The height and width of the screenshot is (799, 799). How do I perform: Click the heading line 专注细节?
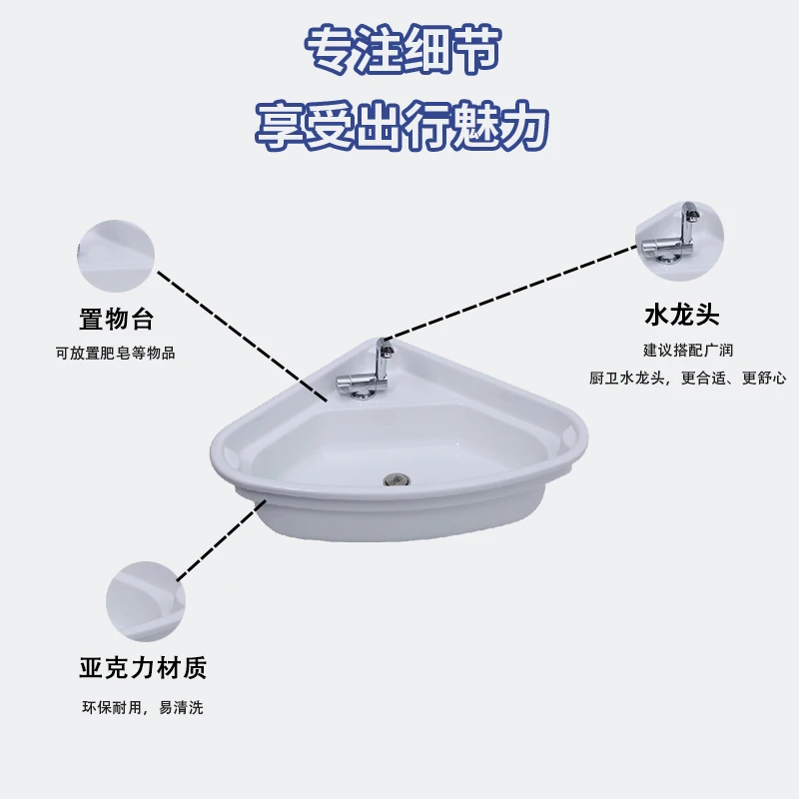tap(399, 50)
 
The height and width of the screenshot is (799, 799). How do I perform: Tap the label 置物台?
tap(116, 320)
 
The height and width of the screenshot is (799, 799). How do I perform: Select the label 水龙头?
tap(682, 317)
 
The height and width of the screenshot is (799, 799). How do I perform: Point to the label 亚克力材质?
tap(143, 667)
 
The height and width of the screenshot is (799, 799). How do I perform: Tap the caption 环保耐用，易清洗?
tap(143, 707)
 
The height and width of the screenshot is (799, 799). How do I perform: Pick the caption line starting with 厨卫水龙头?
tap(688, 378)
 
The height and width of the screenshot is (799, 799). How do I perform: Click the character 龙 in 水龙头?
tap(682, 317)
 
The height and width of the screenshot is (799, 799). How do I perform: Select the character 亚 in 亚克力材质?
tap(91, 667)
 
